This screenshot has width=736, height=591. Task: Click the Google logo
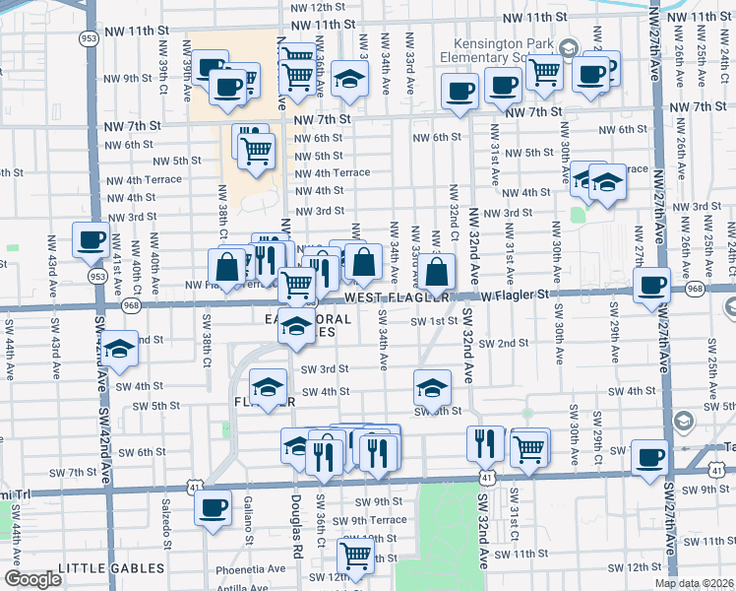(x=32, y=579)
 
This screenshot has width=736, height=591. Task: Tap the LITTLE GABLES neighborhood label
(x=111, y=568)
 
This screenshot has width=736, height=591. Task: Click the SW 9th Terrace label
(x=369, y=520)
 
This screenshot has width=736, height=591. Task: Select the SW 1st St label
(x=440, y=320)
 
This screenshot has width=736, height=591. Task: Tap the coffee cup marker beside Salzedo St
(x=213, y=507)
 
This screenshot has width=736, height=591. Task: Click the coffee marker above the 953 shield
(x=92, y=238)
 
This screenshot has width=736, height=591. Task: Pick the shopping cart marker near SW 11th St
(x=354, y=555)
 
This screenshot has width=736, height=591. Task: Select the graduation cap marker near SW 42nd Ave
(x=119, y=350)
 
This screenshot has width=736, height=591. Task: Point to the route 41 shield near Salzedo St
(x=194, y=487)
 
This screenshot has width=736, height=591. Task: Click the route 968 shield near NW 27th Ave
(x=695, y=288)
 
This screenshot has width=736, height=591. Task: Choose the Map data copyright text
(x=694, y=583)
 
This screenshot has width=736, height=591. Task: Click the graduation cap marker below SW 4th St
(x=431, y=388)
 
